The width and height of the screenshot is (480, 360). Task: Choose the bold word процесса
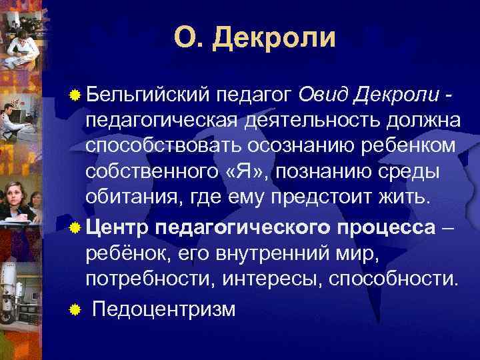[x=382, y=226]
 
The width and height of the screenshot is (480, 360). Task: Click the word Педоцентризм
[x=163, y=310]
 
